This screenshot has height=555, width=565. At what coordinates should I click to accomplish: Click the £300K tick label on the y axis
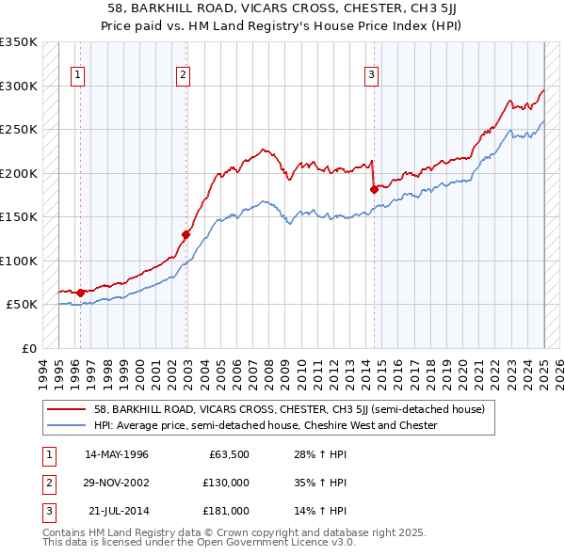19,86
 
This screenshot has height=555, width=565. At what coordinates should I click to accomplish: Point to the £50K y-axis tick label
22,305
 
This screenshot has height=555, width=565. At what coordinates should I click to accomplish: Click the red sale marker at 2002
186,234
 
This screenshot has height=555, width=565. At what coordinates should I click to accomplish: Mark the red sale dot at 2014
374,190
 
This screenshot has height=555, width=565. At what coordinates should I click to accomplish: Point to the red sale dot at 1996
80,293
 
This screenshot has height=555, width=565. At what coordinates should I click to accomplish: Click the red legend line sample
68,410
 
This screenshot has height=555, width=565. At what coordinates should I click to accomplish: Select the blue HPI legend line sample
68,425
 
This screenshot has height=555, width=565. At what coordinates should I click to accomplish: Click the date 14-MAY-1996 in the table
117,455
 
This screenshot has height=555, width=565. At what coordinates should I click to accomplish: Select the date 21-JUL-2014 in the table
117,511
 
